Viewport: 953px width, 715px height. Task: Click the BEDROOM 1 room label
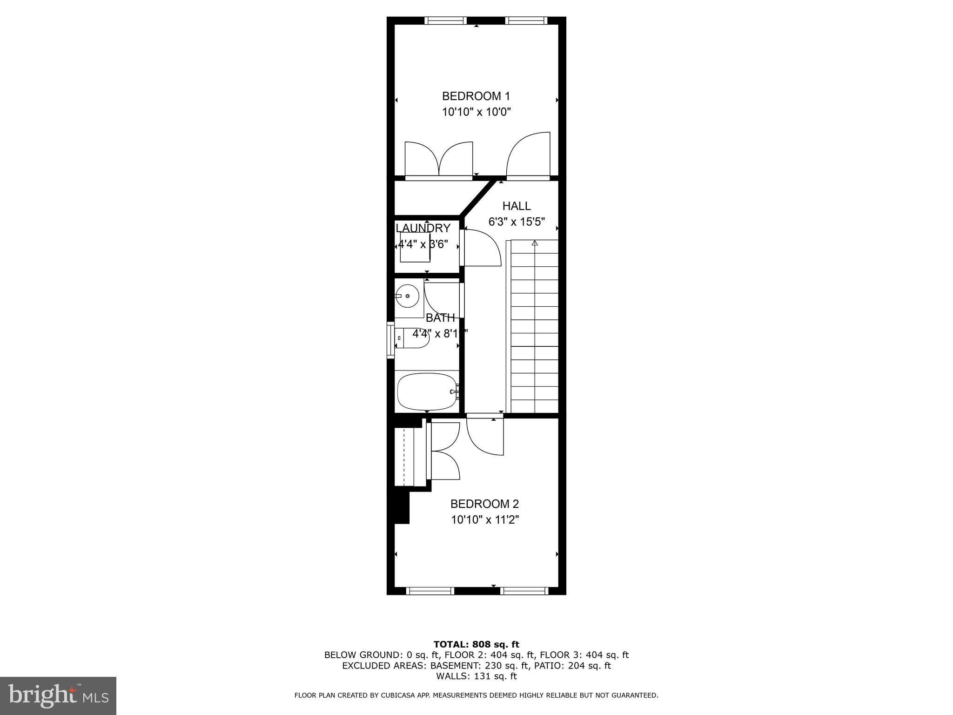pos(476,96)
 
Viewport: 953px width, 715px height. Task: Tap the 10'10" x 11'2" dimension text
pos(484,519)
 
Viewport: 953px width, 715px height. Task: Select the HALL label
pos(516,206)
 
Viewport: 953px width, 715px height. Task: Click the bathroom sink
pos(408,296)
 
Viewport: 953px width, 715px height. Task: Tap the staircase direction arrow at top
pos(535,243)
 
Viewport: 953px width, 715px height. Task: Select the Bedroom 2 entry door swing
pos(485,437)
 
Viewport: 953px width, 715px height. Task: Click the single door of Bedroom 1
pos(528,156)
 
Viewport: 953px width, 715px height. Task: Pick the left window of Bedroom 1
pos(445,20)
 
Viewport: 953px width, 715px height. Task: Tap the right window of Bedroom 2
pos(524,591)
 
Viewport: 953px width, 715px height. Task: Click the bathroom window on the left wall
pos(390,340)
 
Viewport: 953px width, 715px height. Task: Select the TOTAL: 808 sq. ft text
pos(476,644)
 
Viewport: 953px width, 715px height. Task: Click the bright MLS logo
pos(58,695)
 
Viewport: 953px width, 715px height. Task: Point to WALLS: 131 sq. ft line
pos(476,676)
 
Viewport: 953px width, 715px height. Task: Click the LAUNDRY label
pos(423,228)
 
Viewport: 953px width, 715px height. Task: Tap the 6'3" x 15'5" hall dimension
pos(516,222)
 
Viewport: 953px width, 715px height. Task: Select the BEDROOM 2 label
pos(484,504)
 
